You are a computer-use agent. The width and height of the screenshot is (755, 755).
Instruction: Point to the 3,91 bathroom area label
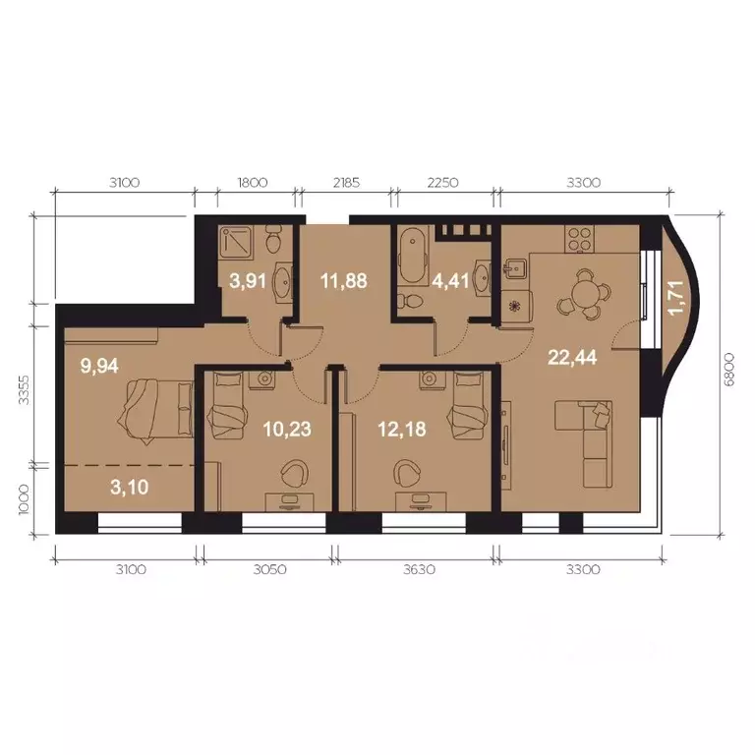click(x=247, y=280)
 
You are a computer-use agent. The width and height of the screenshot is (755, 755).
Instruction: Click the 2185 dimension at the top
click(x=347, y=182)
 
